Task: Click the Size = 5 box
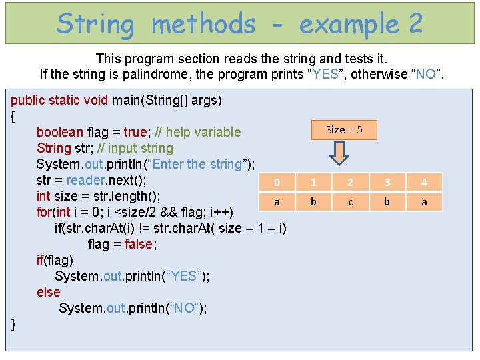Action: (344, 129)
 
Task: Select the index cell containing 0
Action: (277, 182)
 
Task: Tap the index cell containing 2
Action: (351, 182)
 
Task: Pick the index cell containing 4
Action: (424, 182)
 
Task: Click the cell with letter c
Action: (351, 201)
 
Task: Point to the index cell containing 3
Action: (387, 182)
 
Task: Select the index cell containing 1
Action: (314, 182)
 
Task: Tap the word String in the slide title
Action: (95, 24)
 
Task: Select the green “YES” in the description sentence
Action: (325, 74)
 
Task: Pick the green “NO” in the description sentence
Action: (425, 74)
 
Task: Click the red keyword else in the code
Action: (48, 292)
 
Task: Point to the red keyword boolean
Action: (60, 132)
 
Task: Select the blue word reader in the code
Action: (85, 180)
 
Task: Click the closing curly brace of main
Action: (13, 325)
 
